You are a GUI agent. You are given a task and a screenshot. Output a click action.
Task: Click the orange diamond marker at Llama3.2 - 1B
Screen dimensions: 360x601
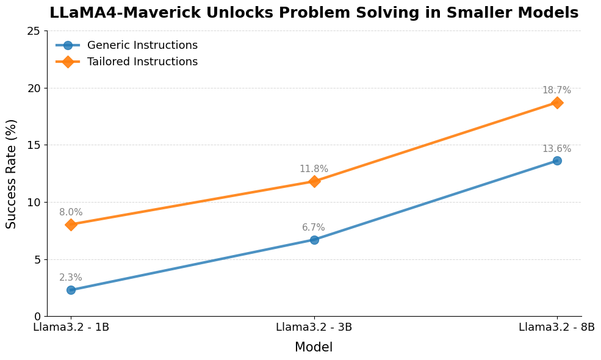coord(71,225)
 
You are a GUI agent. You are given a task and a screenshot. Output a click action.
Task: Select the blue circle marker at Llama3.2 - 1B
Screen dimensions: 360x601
coord(71,290)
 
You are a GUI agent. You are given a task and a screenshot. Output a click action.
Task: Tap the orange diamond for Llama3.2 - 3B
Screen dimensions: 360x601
coord(314,181)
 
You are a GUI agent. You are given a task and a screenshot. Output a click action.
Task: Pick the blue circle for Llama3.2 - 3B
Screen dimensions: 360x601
coord(314,240)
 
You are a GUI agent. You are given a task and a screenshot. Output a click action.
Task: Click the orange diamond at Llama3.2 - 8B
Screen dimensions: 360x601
coord(557,103)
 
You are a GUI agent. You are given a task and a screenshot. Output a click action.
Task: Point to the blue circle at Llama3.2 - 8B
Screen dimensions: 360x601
coord(557,160)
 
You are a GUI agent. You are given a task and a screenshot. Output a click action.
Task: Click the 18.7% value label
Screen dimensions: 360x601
coord(556,90)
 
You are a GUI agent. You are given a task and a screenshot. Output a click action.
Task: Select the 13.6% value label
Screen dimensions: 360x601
coord(556,149)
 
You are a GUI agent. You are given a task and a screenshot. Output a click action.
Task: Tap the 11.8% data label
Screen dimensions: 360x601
coord(314,169)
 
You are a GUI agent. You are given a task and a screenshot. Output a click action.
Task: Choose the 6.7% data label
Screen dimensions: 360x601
coord(314,228)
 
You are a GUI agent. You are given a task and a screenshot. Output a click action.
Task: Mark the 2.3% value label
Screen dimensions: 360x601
coord(71,278)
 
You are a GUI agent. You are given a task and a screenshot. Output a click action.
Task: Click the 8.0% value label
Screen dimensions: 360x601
coord(71,212)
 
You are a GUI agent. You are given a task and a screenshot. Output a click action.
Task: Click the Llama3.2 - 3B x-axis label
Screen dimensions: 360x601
coord(314,327)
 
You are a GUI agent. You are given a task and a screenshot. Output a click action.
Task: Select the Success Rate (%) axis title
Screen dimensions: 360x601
coord(12,174)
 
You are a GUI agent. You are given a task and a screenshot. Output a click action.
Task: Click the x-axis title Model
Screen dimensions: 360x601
coord(314,347)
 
